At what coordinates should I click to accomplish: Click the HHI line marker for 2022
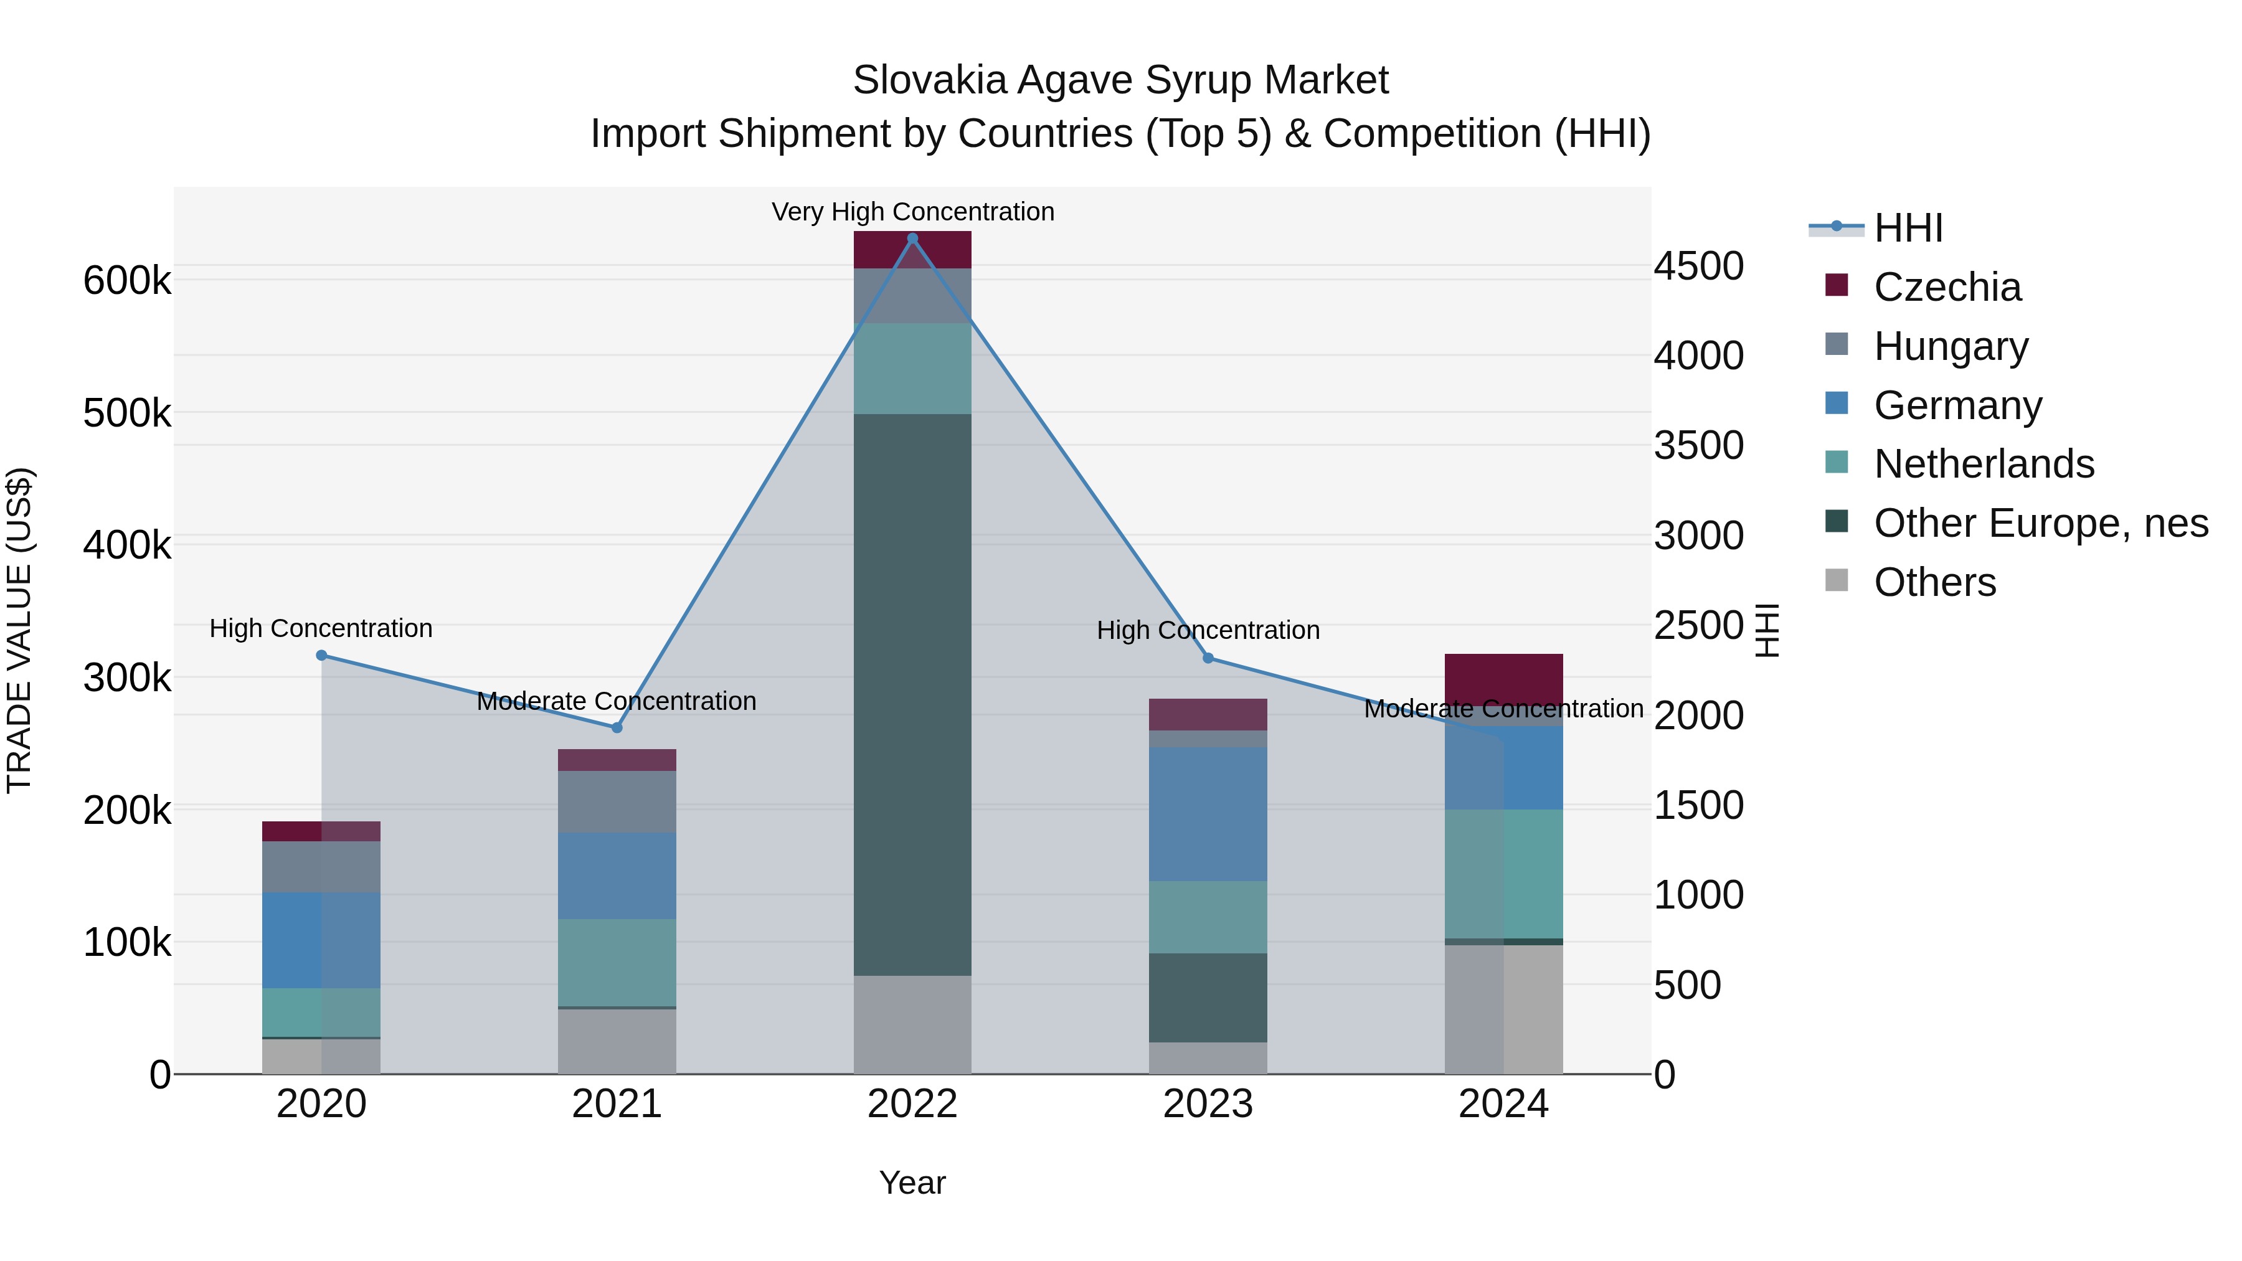point(912,239)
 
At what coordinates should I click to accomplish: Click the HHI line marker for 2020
point(321,655)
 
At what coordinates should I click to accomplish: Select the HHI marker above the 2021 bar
point(617,727)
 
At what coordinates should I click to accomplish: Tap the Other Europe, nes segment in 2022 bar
point(912,694)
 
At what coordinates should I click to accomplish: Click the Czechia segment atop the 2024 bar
point(1503,678)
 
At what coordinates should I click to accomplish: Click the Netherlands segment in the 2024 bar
point(1503,874)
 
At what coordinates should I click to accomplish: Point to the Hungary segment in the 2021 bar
point(617,801)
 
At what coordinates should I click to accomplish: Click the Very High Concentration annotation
point(912,212)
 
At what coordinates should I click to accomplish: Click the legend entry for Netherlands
point(1983,464)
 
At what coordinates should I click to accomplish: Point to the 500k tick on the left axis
point(127,413)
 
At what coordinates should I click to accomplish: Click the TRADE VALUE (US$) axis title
point(20,630)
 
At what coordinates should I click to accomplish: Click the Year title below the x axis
point(912,1183)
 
